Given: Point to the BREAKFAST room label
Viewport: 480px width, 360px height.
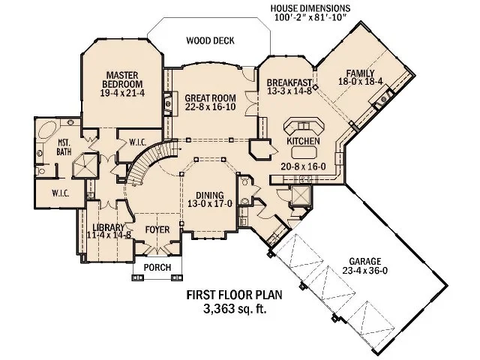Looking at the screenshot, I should (x=284, y=83).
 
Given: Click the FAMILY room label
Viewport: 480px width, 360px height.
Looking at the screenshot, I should (x=360, y=73).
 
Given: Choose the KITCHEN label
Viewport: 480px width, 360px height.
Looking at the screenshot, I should (x=304, y=141).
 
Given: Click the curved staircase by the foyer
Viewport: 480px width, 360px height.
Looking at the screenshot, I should (x=140, y=169).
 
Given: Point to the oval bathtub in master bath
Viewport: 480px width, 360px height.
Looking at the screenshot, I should (x=44, y=129).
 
